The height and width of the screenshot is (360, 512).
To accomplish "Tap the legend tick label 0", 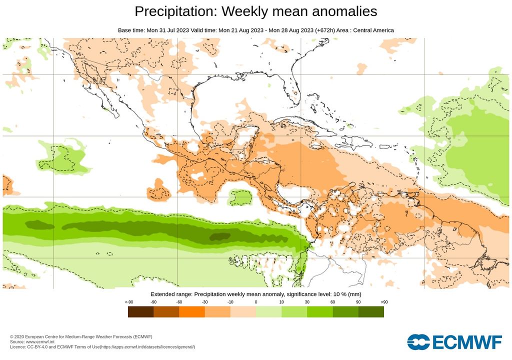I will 256,302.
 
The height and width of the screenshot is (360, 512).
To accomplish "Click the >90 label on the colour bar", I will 383,302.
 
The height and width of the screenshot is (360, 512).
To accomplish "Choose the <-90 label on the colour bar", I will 128,302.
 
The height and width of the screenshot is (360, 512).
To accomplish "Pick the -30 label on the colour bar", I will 204,302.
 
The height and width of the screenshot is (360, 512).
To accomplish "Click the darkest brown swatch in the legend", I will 140,312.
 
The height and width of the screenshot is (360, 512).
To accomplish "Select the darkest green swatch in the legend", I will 371,312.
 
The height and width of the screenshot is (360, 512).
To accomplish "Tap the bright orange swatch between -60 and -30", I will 192,312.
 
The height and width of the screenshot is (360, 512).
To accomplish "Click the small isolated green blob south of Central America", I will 239,198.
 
